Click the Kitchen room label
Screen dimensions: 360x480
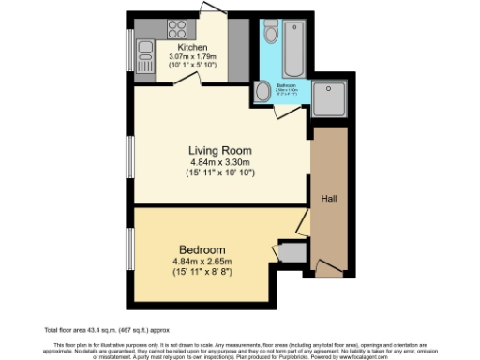point(192,47)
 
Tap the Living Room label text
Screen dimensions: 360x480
point(221,150)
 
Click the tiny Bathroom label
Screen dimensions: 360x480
point(287,85)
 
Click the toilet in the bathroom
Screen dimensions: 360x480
point(271,34)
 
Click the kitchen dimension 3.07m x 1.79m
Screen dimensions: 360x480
point(192,56)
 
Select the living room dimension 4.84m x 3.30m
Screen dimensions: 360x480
point(221,161)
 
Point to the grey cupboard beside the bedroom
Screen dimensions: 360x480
point(292,252)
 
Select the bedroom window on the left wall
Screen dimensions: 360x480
point(131,247)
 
